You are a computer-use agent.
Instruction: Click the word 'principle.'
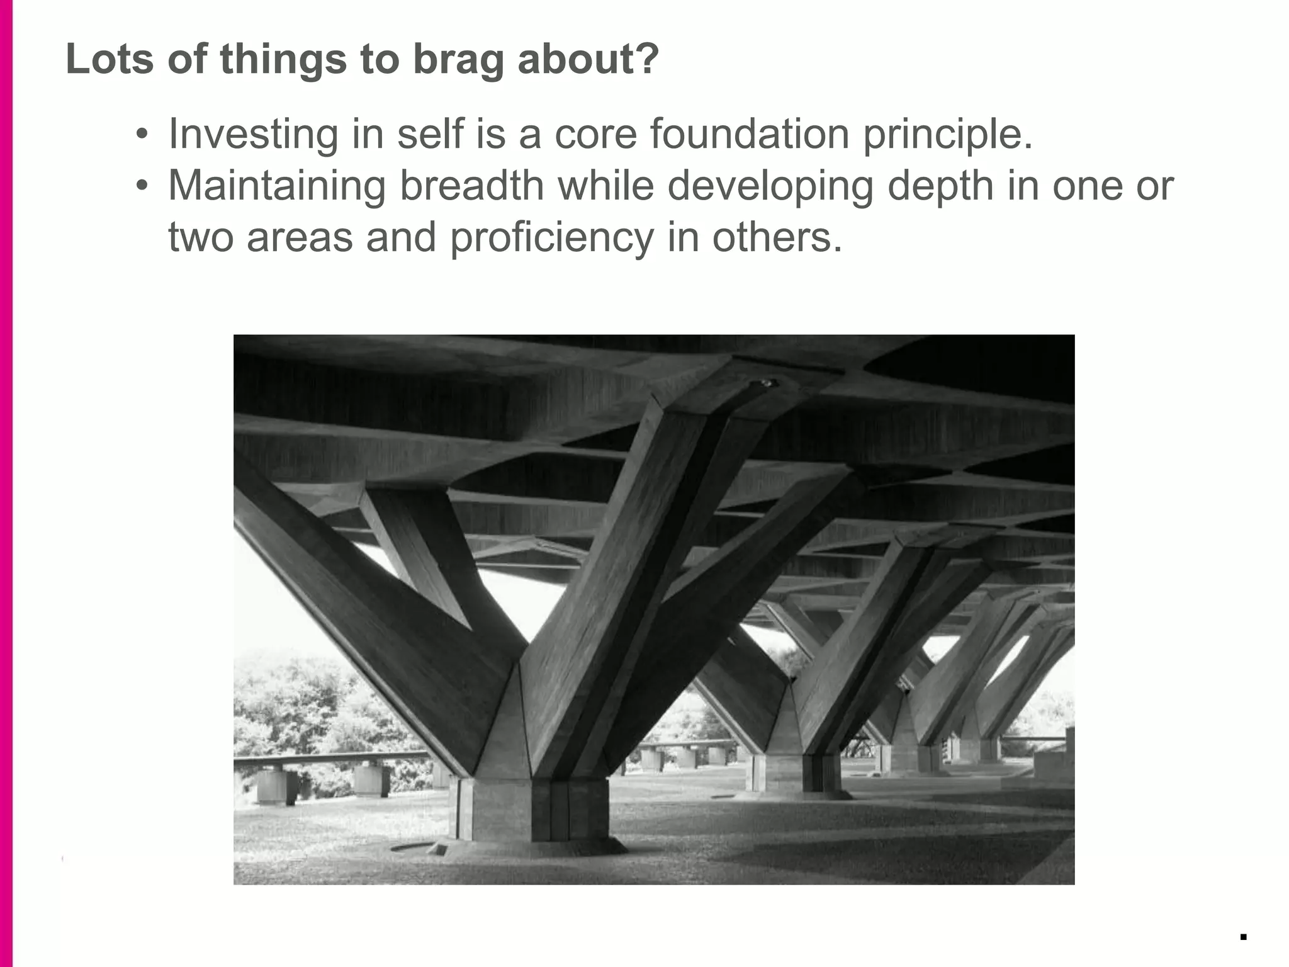947,135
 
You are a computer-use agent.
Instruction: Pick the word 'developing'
769,187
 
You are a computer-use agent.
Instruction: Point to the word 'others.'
777,237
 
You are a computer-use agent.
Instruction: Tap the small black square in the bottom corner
1243,937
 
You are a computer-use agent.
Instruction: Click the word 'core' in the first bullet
595,135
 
